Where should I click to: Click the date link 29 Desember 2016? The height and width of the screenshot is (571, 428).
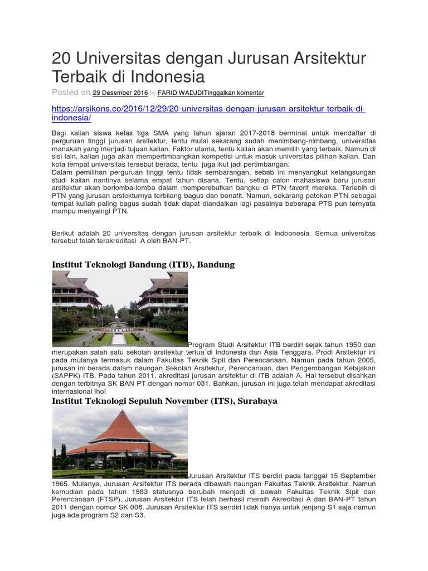tap(120, 93)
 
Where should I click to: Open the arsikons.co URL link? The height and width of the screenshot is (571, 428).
tap(208, 113)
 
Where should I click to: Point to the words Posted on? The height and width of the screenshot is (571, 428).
tap(71, 93)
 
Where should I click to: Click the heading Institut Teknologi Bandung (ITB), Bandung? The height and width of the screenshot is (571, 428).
tap(143, 264)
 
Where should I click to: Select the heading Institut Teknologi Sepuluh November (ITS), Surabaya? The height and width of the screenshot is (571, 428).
tap(164, 401)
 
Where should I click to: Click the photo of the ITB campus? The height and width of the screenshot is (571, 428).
tap(120, 309)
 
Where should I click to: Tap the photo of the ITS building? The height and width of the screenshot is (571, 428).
tap(120, 442)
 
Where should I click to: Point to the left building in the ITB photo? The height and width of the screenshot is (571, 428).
tap(75, 293)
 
